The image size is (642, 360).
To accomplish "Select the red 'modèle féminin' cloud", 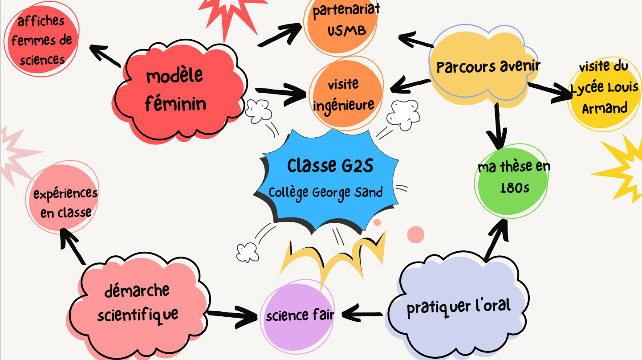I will tap(178, 91).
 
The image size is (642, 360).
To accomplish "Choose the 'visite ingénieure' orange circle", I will tap(344, 94).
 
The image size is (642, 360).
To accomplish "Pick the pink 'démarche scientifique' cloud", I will tap(138, 303).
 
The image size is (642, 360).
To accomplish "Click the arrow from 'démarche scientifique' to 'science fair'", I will tap(232, 316).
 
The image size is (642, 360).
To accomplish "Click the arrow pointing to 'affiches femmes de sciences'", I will tap(105, 56).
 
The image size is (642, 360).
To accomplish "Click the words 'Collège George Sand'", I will tap(326, 193).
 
